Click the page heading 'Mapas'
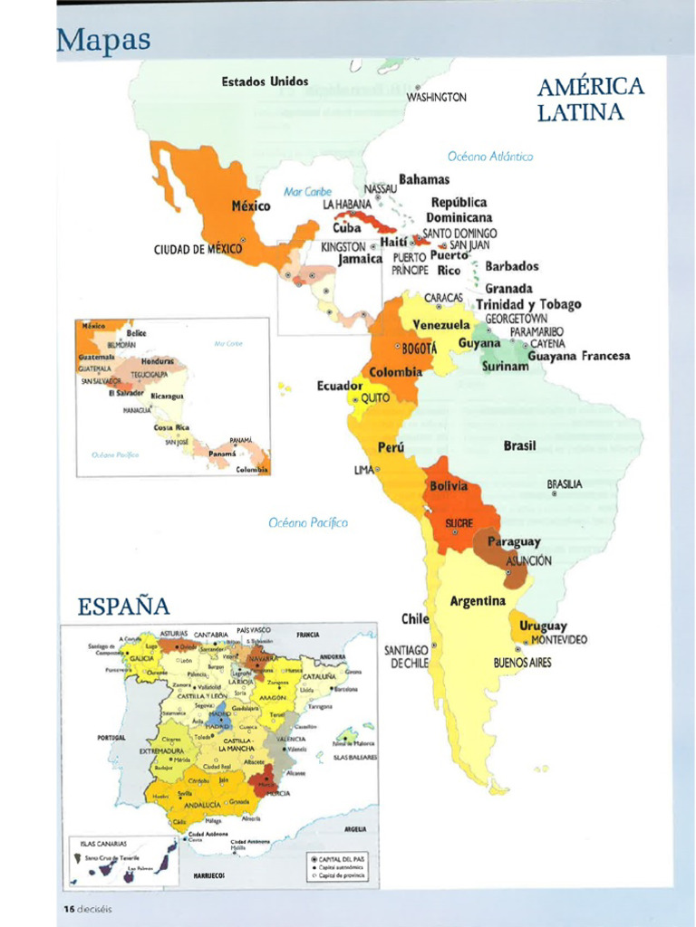coord(102,41)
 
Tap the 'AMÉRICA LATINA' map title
coord(590,100)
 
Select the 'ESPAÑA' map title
coord(123,606)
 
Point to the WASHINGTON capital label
coord(436,97)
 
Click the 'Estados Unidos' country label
coord(265,81)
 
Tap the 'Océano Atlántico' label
coord(490,156)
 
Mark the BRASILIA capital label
coord(565,484)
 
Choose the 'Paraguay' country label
coord(514,541)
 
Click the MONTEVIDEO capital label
coord(558,640)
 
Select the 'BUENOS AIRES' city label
coord(522,663)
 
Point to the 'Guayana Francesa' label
coord(578,356)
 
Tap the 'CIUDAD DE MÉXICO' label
coord(198,248)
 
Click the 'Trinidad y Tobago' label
coord(528,304)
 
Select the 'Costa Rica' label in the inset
coord(170,426)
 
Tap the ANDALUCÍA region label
coord(208,803)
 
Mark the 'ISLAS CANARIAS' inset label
coord(102,842)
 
